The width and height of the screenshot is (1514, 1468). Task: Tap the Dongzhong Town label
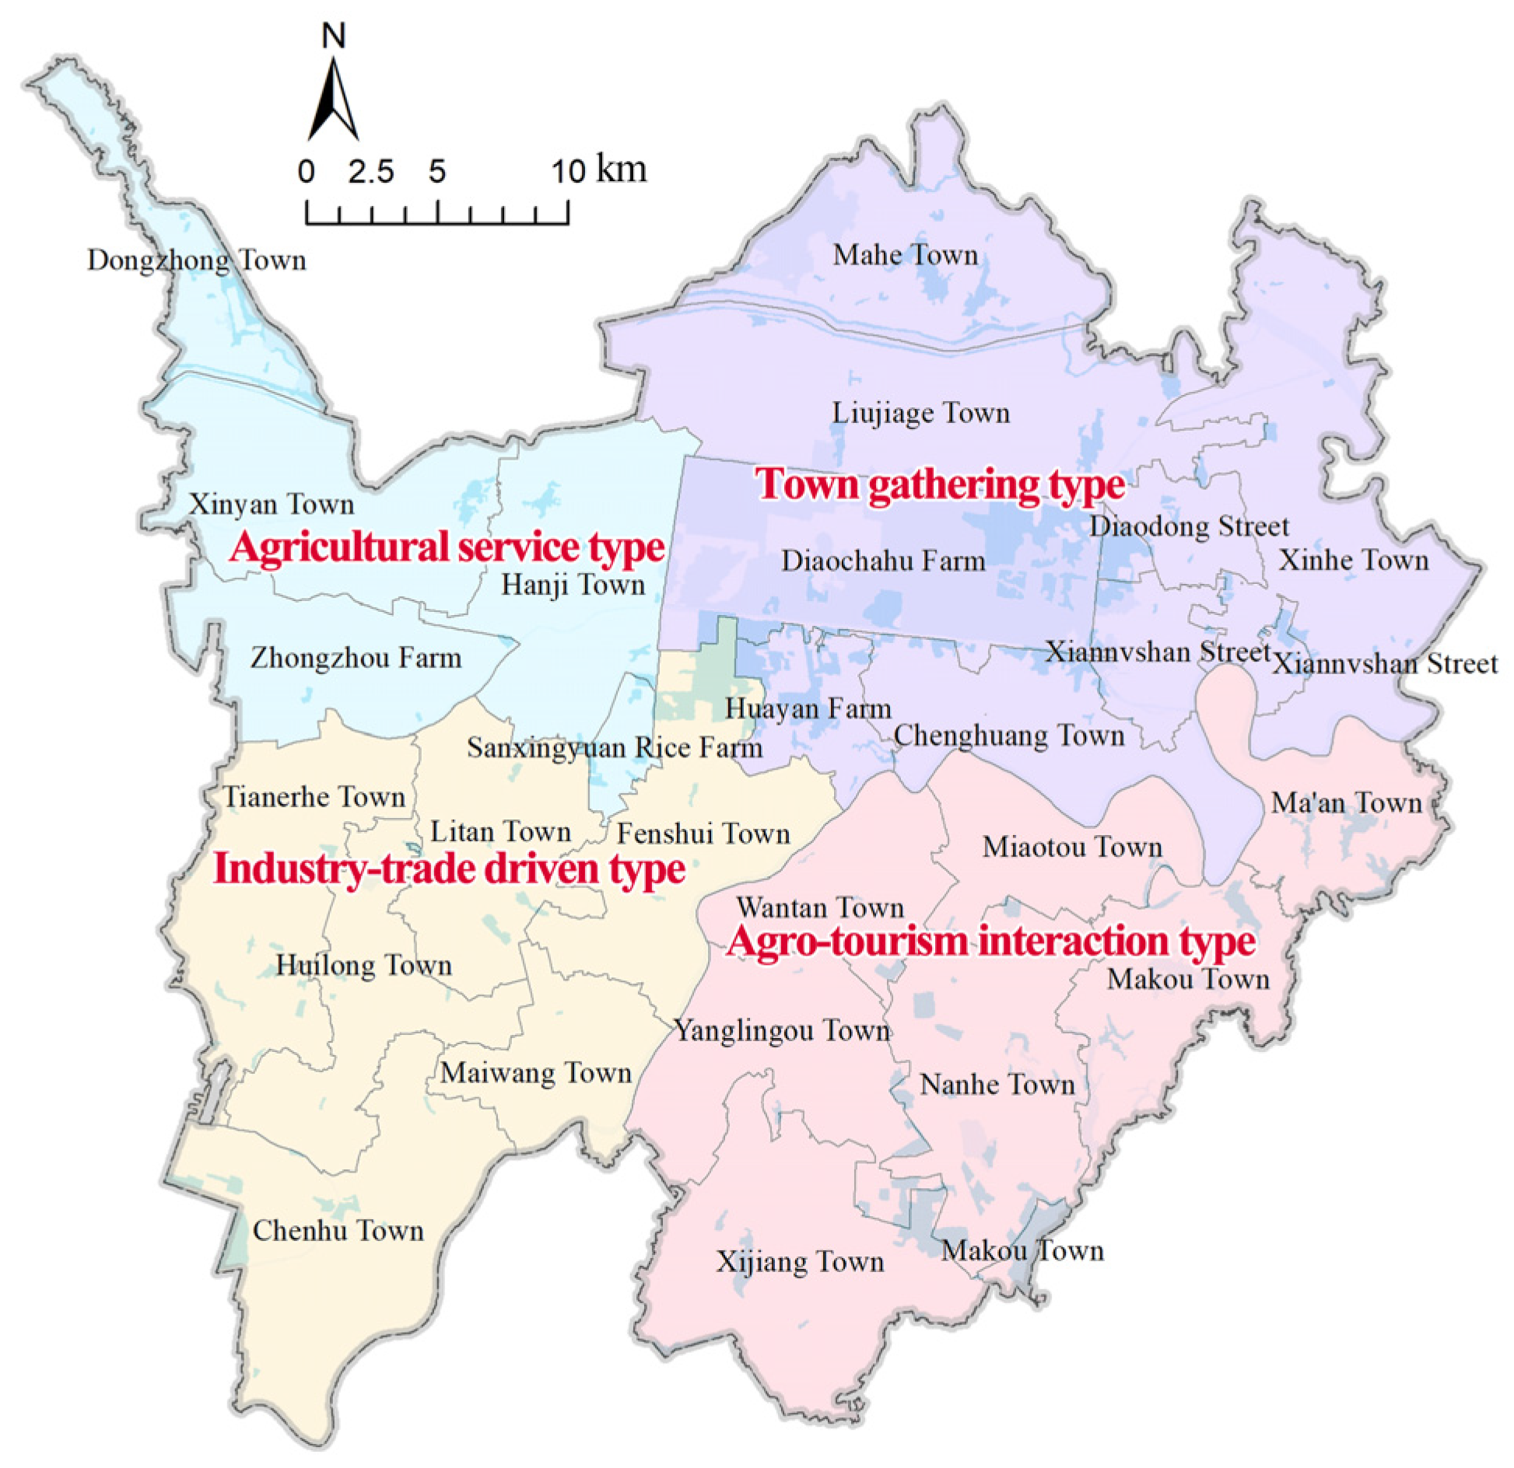(196, 260)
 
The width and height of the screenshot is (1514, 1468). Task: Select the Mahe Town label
(905, 254)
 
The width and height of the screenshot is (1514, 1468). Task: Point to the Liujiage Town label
(920, 412)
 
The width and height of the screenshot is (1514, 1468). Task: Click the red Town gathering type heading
(941, 484)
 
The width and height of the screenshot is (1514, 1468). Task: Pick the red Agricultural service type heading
(447, 547)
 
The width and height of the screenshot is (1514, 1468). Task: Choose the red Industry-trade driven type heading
(449, 869)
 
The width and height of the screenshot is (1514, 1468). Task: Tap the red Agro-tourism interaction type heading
(990, 942)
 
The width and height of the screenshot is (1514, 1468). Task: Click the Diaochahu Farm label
(883, 561)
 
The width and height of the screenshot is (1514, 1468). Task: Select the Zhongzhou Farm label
(356, 659)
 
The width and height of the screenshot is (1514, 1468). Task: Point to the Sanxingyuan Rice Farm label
(614, 748)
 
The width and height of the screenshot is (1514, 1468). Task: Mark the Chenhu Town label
(338, 1231)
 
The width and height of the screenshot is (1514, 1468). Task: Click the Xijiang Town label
(800, 1261)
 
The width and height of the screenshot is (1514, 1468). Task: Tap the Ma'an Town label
(1346, 802)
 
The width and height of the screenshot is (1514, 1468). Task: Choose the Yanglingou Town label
(782, 1031)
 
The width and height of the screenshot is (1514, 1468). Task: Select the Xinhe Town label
(1354, 560)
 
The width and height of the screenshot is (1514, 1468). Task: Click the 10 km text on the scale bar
(599, 170)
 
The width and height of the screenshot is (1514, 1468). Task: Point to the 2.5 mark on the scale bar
(370, 172)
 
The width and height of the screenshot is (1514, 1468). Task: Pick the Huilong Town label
(363, 965)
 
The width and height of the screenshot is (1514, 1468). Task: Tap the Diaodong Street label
(1189, 526)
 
